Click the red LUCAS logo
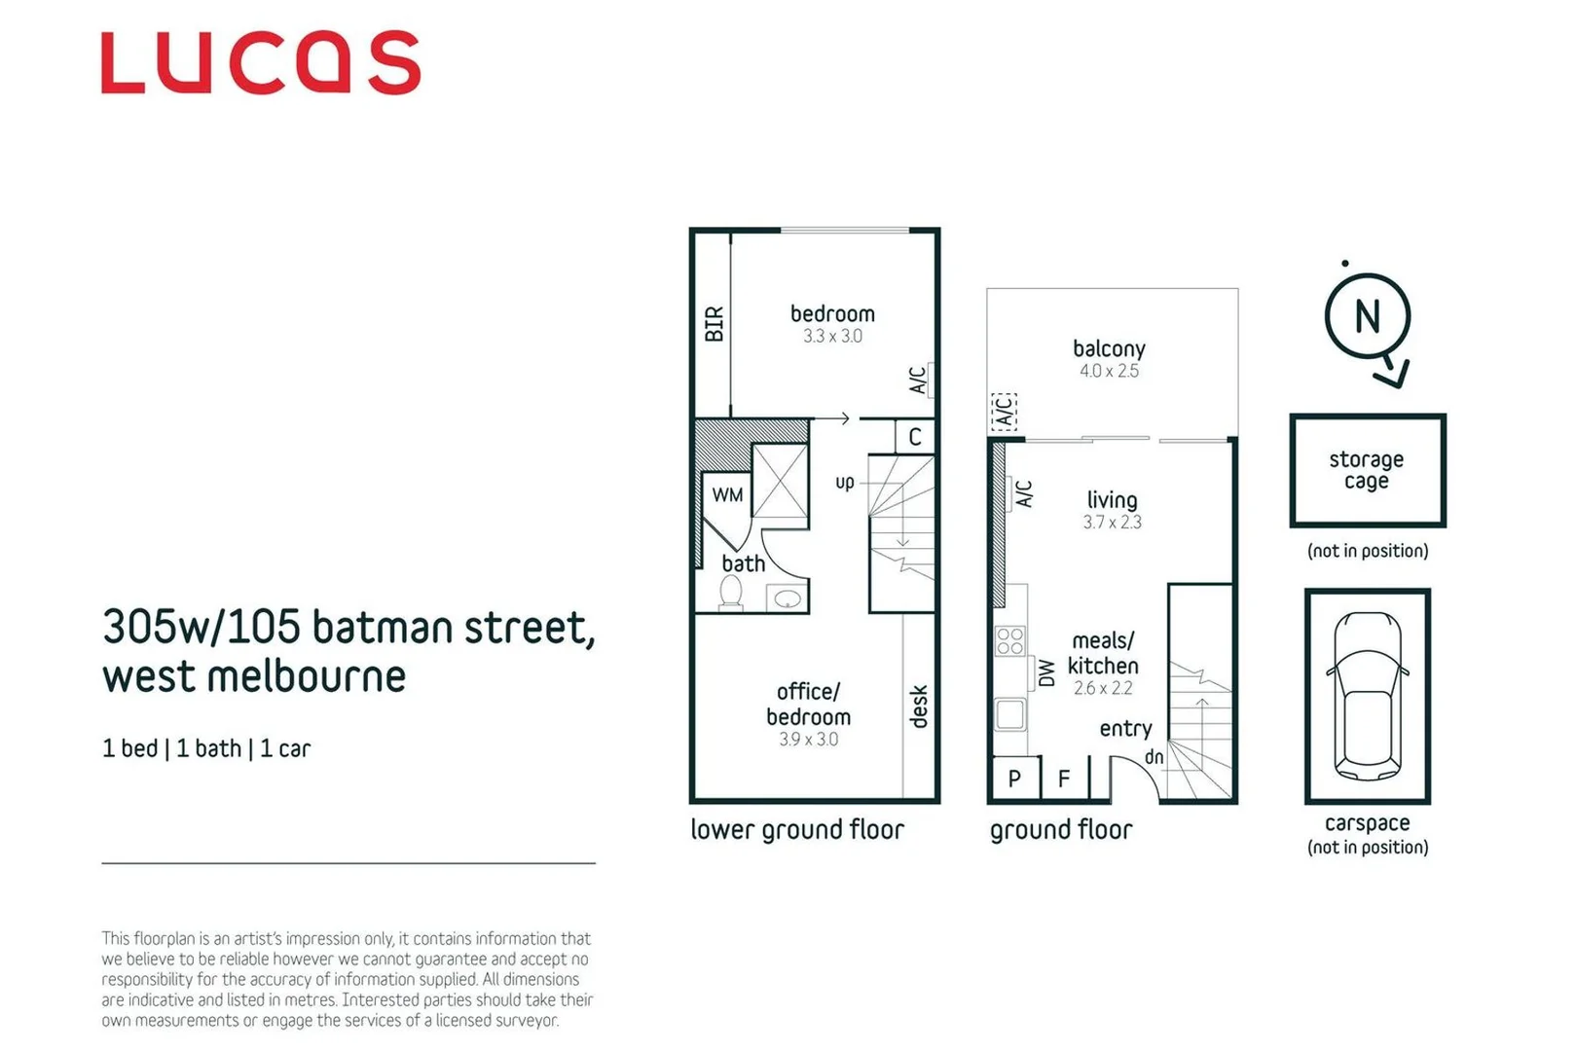point(260,63)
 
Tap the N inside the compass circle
point(1367,316)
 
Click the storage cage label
point(1366,470)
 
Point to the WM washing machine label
point(727,494)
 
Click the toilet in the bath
point(730,593)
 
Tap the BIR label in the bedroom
point(714,324)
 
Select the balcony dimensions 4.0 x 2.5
point(1108,371)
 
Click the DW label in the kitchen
point(1046,672)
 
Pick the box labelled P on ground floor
point(1014,779)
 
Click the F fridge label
point(1064,779)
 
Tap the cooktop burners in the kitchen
point(1010,640)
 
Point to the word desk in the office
point(918,707)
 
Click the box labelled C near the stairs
point(915,437)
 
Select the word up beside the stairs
point(844,482)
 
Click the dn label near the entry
point(1154,757)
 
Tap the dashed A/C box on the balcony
point(1004,412)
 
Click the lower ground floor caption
point(796,830)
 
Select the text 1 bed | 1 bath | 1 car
point(206,748)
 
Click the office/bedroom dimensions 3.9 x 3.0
point(808,740)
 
